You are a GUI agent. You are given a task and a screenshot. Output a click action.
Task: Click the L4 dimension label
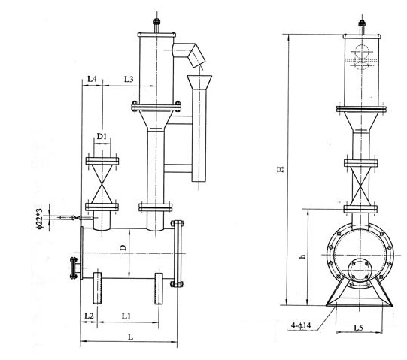(x=92, y=79)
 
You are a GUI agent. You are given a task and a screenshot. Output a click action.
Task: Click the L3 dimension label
(x=129, y=79)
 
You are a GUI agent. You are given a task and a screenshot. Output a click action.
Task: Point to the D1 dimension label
(x=102, y=136)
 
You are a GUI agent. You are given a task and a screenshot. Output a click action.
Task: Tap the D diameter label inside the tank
(x=123, y=247)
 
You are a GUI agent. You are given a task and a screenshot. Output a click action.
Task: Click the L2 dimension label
(x=89, y=316)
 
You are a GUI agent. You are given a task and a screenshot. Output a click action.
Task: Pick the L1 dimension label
(x=126, y=316)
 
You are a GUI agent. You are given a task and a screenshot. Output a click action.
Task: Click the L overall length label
(x=131, y=337)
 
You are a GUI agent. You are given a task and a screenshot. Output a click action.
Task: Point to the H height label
(x=281, y=169)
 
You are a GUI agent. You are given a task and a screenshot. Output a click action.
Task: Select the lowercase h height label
(x=302, y=256)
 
